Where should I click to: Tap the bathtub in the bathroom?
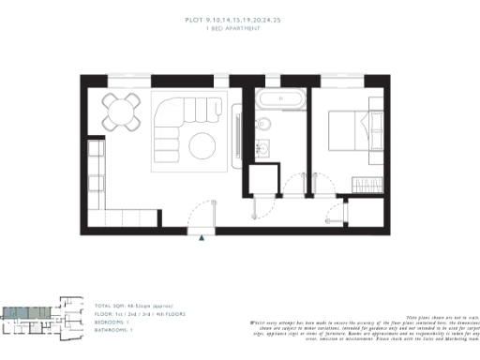tap(277, 99)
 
